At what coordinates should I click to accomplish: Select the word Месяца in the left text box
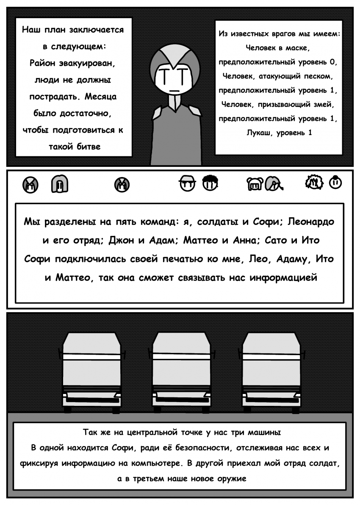[100, 97]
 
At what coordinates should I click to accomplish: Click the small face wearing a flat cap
[187, 184]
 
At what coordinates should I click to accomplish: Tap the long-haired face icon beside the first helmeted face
[60, 184]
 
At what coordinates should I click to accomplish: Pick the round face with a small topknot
[335, 182]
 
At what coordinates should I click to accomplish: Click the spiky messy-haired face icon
[314, 182]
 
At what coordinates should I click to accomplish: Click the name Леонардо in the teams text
[311, 222]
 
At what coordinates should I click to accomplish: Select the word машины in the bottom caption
[264, 432]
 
